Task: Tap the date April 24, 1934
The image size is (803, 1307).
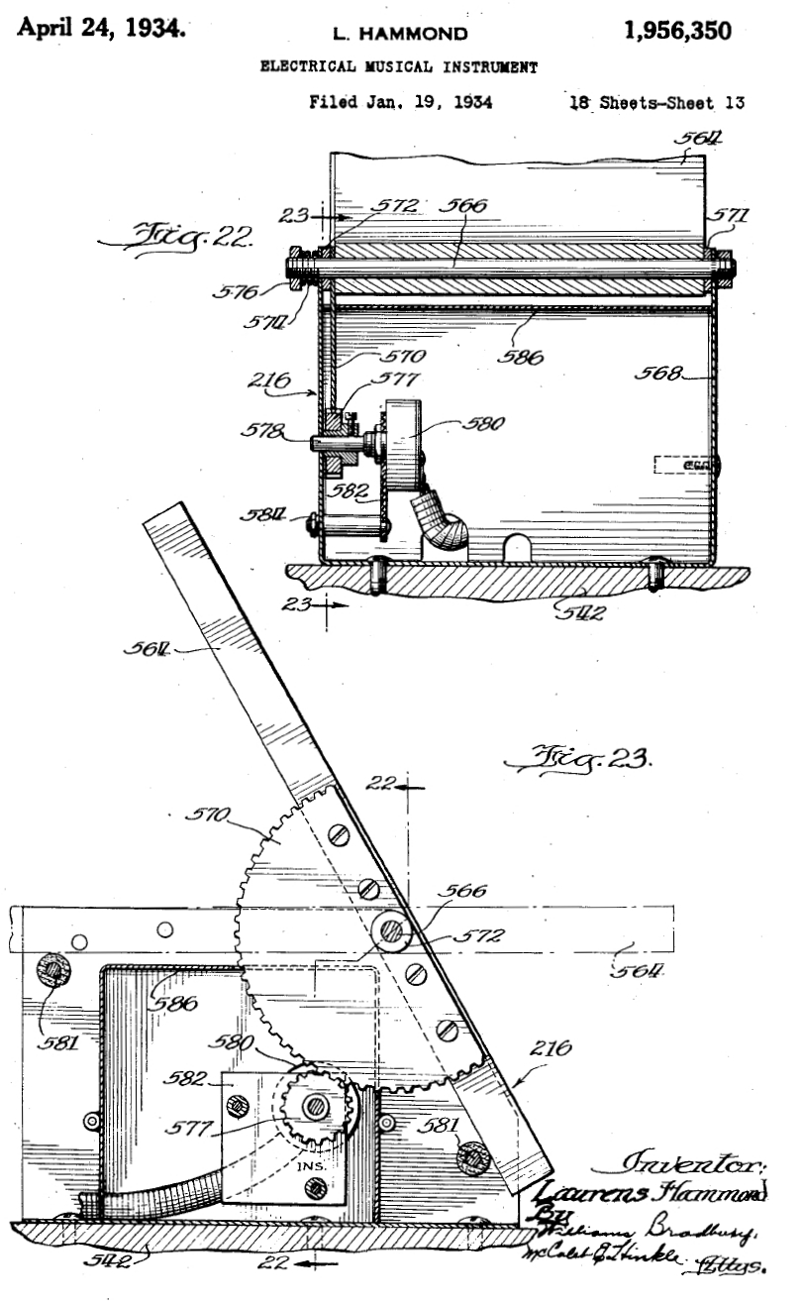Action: tap(101, 28)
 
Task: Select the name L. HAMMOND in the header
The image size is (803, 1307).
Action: tap(400, 35)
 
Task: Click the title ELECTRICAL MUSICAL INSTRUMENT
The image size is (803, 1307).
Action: tap(399, 67)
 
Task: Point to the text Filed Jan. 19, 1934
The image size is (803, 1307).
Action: tap(401, 101)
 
